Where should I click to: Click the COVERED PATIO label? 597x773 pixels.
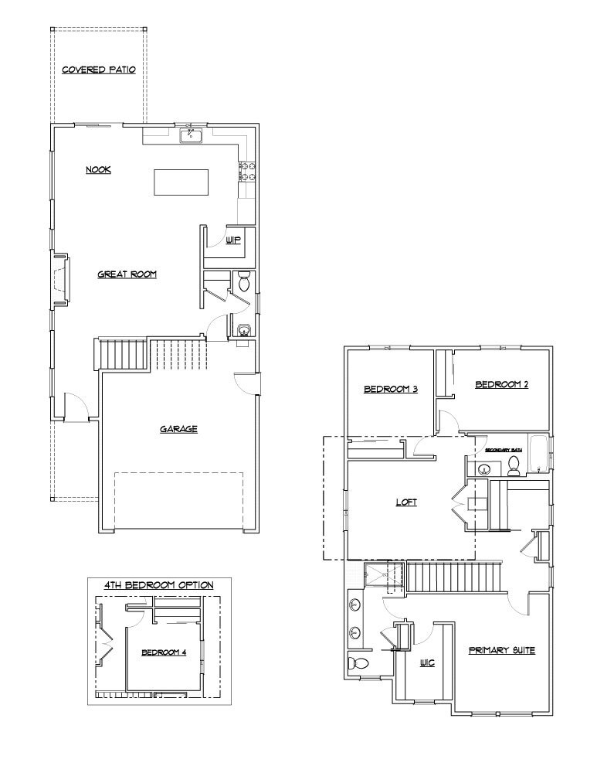99,70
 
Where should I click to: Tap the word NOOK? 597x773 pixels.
98,169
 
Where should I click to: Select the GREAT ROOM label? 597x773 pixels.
127,274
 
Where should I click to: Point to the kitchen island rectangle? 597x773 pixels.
181,183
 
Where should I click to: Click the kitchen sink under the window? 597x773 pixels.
191,137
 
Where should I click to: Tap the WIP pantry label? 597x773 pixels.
233,240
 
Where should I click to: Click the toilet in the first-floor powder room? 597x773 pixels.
244,283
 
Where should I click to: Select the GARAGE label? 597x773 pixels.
179,429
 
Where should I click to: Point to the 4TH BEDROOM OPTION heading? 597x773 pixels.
159,584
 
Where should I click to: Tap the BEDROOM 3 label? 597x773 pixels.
391,390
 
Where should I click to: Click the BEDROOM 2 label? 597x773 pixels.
501,384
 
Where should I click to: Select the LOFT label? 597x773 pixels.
406,502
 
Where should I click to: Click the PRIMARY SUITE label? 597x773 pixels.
502,650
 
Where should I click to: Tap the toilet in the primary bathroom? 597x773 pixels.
358,663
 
